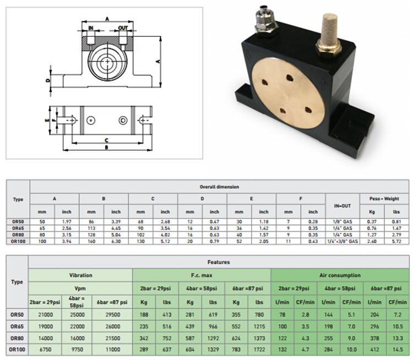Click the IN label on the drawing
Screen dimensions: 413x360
[91, 28]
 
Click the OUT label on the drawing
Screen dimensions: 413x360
[123, 28]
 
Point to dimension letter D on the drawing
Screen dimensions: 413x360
[48, 80]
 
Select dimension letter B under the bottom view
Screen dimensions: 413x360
[106, 148]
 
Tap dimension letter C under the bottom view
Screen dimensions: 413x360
[106, 140]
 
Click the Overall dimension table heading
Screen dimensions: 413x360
[219, 187]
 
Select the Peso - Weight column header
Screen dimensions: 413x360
[384, 199]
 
